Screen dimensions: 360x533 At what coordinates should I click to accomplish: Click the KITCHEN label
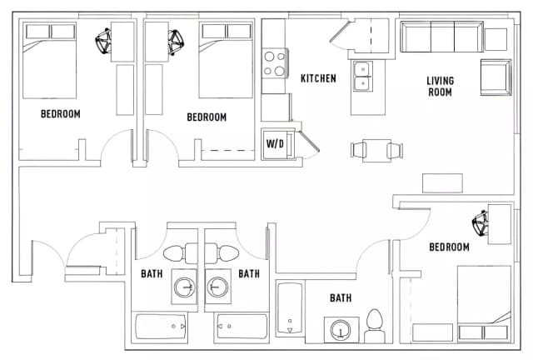pyautogui.click(x=318, y=78)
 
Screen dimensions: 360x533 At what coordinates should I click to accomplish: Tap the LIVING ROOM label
pyautogui.click(x=440, y=87)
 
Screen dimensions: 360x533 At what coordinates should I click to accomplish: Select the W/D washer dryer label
pyautogui.click(x=275, y=143)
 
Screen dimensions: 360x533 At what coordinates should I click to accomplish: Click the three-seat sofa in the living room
pyautogui.click(x=441, y=37)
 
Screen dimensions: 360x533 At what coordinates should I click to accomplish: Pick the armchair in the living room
pyautogui.click(x=495, y=77)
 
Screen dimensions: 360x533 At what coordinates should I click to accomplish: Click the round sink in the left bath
pyautogui.click(x=185, y=288)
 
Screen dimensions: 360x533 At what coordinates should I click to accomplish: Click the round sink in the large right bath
pyautogui.click(x=341, y=331)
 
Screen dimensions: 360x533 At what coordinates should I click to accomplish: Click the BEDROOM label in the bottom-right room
pyautogui.click(x=449, y=247)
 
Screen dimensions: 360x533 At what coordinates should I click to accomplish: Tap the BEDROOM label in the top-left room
pyautogui.click(x=60, y=113)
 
